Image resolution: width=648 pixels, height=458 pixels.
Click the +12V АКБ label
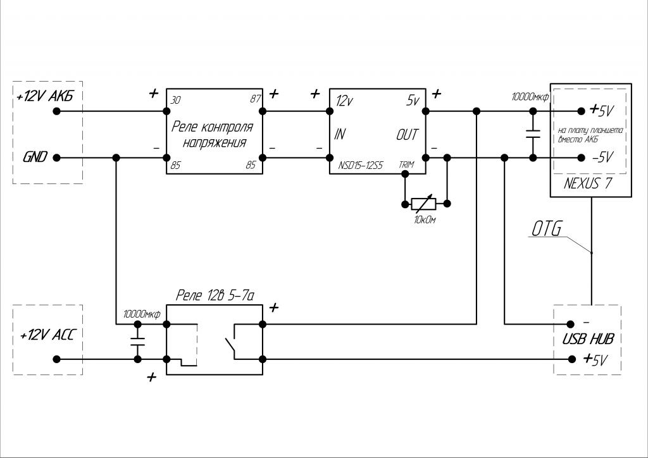coord(50,97)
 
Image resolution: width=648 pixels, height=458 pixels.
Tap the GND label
coord(35,158)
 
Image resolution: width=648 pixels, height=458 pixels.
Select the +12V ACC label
coord(47,335)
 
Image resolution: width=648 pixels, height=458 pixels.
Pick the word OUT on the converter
coord(407,135)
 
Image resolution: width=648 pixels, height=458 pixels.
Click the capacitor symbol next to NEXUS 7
coord(533,134)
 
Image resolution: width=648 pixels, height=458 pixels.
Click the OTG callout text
coord(546,230)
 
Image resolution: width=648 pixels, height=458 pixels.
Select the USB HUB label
coord(587,338)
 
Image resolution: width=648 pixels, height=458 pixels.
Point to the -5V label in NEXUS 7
coord(599,158)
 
